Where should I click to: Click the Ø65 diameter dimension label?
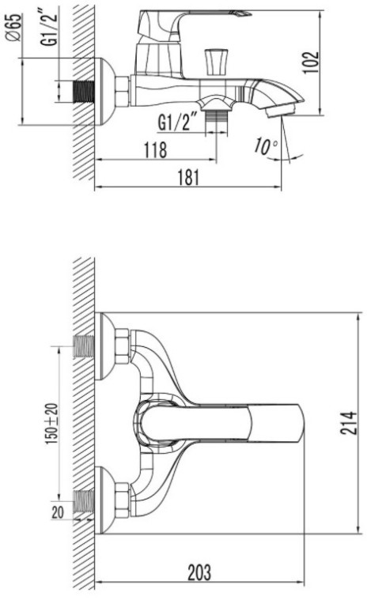pos(13,28)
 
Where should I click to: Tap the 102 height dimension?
pos(311,62)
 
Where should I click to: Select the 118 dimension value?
pos(156,149)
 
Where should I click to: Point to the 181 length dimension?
pos(188,178)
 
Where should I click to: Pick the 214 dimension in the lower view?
pos(348,423)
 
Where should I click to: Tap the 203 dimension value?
pos(199,572)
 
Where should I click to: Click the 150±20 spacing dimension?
pos(51,424)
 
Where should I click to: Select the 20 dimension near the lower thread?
pos(58,513)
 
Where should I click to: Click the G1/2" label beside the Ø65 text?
pos(49,28)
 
